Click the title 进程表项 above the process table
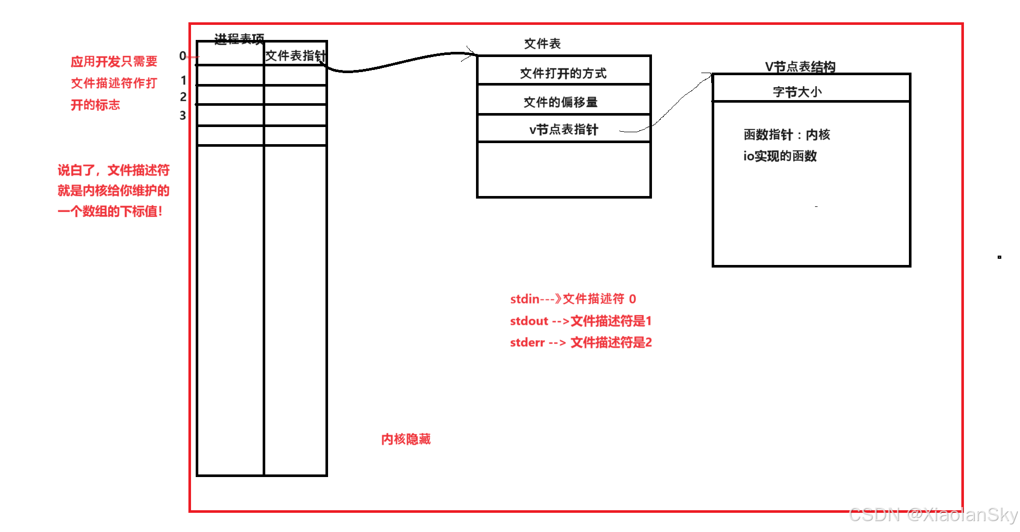[239, 38]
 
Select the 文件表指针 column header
[295, 55]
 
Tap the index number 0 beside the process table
[182, 55]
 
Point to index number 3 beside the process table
[183, 115]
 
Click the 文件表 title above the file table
[542, 44]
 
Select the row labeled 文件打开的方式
[563, 73]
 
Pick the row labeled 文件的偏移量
[560, 102]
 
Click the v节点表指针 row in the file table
[563, 129]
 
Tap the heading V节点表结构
[800, 66]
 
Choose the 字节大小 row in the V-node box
[797, 92]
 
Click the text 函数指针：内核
[786, 134]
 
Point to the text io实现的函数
[780, 156]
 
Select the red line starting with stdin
[573, 299]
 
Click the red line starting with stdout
[580, 321]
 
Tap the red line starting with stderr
[580, 342]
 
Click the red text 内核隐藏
[405, 439]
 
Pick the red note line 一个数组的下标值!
[110, 211]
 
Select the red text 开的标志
[95, 105]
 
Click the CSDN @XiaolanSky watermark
[933, 514]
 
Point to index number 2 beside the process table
[183, 96]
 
